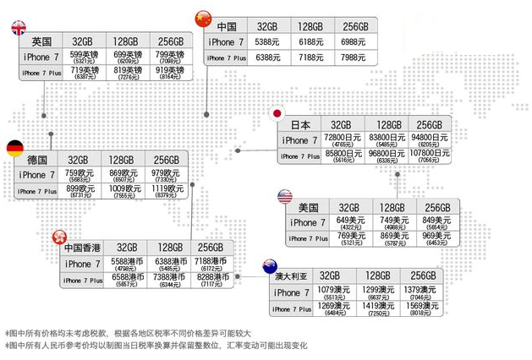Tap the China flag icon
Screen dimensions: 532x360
202,18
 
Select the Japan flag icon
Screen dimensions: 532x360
276,113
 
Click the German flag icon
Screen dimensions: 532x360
15,149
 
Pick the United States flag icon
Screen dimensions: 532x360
284,197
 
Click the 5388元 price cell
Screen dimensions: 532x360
267,41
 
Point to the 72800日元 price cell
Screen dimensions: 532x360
343,139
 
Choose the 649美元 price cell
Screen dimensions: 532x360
349,222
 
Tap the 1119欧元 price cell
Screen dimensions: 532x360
166,191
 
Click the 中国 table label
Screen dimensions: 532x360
226,27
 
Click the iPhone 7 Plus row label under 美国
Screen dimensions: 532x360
310,238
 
